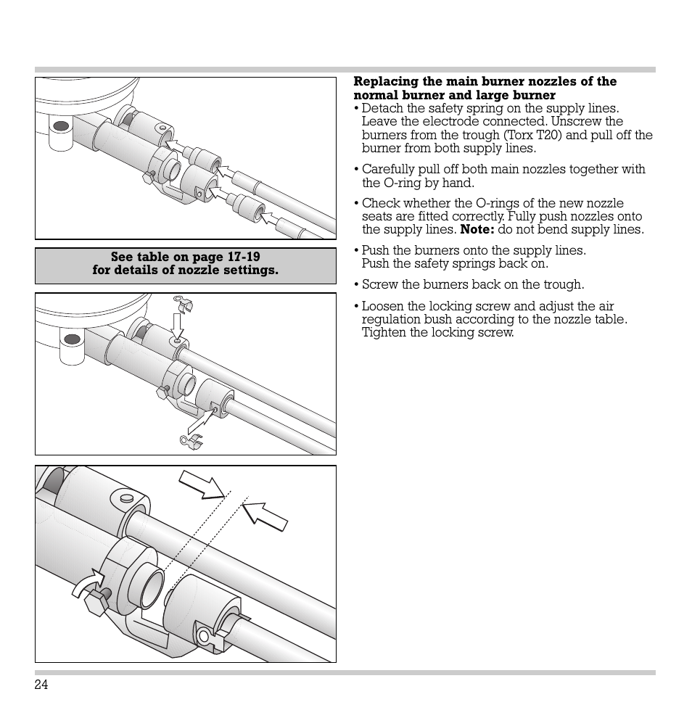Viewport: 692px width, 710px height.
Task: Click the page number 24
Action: [41, 685]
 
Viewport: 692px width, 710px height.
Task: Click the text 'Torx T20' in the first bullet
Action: [532, 135]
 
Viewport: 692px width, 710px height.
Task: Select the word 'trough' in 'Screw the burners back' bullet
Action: [563, 284]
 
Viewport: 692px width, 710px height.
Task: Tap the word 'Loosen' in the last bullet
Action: [382, 306]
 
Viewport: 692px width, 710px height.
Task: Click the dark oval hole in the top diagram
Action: [61, 126]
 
